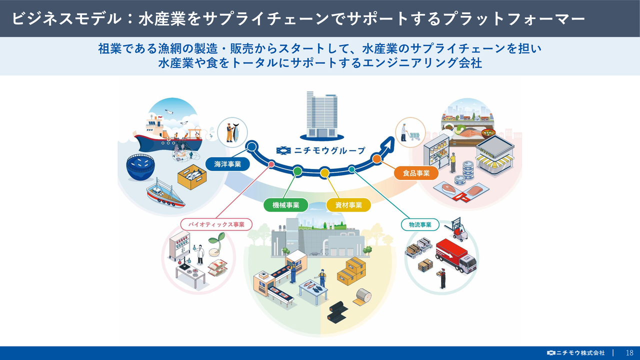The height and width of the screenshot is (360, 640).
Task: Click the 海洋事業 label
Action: click(x=227, y=164)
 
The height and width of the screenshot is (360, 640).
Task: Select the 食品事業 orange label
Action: click(x=416, y=173)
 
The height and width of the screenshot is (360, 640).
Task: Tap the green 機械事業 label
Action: click(x=286, y=205)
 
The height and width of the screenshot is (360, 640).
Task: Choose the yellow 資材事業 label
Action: click(x=348, y=205)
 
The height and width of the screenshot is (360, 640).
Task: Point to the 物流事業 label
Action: click(x=420, y=225)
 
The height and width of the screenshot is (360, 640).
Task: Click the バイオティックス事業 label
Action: click(x=216, y=224)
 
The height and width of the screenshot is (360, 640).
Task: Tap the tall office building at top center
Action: click(x=321, y=115)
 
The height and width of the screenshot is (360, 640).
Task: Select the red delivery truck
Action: click(x=455, y=256)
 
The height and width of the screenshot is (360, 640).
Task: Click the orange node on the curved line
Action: click(x=376, y=159)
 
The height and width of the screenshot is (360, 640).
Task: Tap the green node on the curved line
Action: click(x=297, y=171)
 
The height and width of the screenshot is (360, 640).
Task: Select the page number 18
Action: click(x=629, y=353)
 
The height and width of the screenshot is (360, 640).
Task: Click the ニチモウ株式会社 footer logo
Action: click(x=576, y=353)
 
